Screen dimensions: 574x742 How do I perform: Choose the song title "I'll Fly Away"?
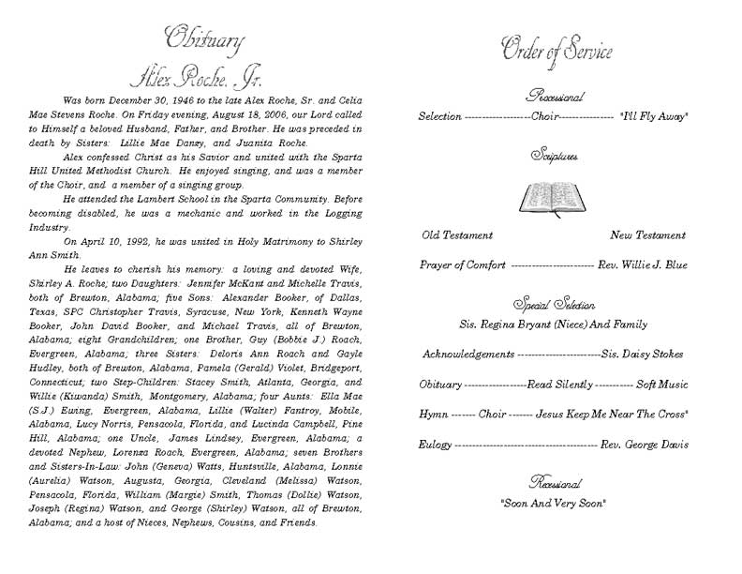pyautogui.click(x=654, y=117)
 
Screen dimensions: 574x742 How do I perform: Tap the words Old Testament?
pyautogui.click(x=457, y=235)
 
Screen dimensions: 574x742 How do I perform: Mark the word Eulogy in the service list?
pyautogui.click(x=436, y=443)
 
